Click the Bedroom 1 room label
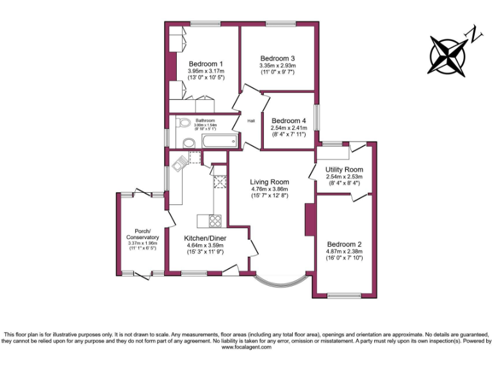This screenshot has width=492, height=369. coord(206,63)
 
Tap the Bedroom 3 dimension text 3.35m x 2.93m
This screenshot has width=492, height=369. coord(277,65)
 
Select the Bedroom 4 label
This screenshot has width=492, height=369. coord(289,120)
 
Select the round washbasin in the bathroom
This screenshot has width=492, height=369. coord(188,142)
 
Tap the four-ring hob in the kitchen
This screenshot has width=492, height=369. coord(215,221)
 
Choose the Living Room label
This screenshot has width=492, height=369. coord(269,182)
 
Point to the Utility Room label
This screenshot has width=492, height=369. coord(344,169)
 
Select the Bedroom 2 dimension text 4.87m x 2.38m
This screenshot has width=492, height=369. coord(345,252)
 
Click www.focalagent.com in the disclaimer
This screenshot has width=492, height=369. coord(245,348)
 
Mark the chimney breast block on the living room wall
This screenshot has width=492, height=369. coord(309,220)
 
